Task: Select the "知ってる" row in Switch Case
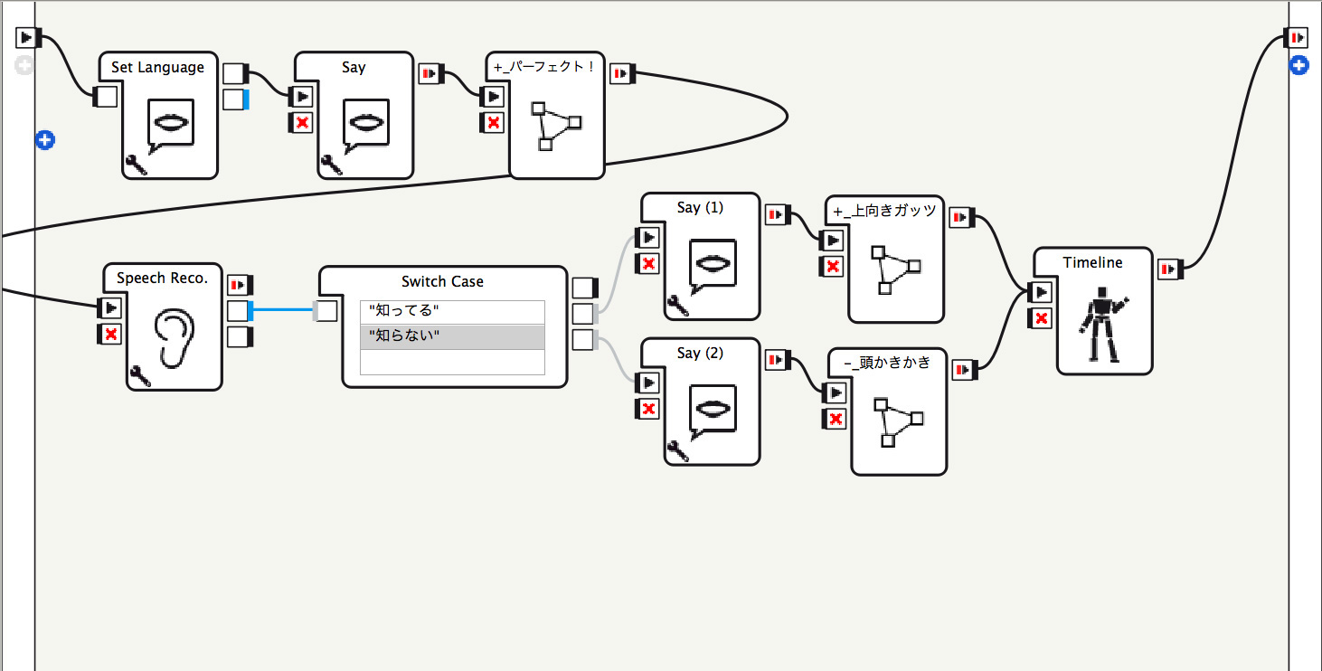(x=452, y=311)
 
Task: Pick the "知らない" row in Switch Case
(x=452, y=336)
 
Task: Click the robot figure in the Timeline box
(x=1102, y=324)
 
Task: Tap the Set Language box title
(x=157, y=67)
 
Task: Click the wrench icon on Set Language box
(x=137, y=165)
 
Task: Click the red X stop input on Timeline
(x=1041, y=318)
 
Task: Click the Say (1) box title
(x=700, y=208)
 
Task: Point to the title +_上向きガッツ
(x=884, y=211)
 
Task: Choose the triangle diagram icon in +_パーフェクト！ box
(x=556, y=127)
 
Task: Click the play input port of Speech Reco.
(x=110, y=308)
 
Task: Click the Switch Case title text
(x=442, y=281)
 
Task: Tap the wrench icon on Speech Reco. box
(x=140, y=376)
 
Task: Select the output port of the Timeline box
(x=1169, y=269)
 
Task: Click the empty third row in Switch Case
(x=452, y=363)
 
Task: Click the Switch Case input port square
(x=326, y=311)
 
